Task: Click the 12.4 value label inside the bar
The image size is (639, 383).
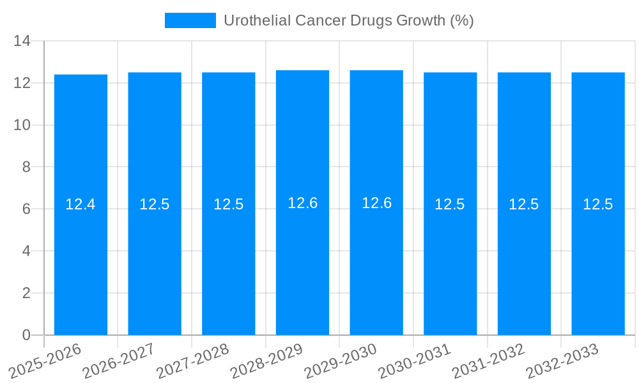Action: (x=81, y=204)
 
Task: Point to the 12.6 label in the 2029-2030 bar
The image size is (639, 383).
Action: (x=376, y=203)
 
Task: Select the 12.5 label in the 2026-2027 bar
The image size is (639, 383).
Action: (x=155, y=204)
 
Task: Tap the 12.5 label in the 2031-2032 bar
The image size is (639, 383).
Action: (x=524, y=204)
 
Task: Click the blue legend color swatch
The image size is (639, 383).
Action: (x=190, y=20)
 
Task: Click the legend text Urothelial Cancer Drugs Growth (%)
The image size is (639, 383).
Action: (x=348, y=20)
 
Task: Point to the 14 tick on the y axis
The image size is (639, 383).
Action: (x=22, y=41)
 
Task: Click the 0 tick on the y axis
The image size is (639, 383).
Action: (x=26, y=335)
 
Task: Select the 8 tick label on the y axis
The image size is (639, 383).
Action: (x=26, y=167)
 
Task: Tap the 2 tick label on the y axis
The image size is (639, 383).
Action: (x=26, y=293)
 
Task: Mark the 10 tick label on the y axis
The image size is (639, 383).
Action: (x=22, y=125)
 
